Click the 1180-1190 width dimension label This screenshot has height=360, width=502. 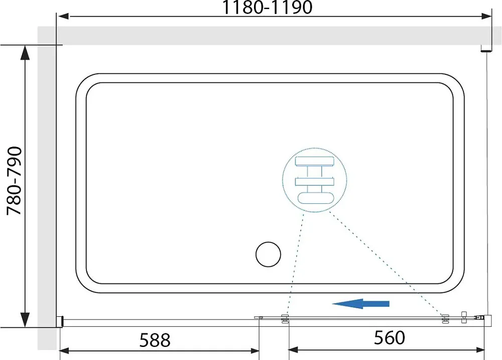pos(267,8)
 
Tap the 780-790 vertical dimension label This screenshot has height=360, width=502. pos(15,181)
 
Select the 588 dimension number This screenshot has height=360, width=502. pos(155,340)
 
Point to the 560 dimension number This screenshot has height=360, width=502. pos(390,337)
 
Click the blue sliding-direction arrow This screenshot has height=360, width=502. pos(360,304)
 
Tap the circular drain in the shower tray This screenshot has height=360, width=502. pos(268,254)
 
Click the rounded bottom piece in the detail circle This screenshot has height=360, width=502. pos(315,198)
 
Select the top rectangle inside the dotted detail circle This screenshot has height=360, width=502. pos(315,162)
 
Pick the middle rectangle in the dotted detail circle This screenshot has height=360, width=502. pos(315,182)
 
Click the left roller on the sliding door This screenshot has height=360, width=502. pos(285,319)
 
